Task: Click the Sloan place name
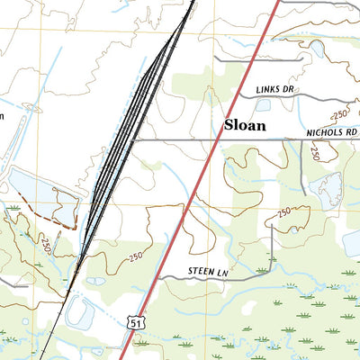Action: pyautogui.click(x=245, y=126)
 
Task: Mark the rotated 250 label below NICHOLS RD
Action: pyautogui.click(x=315, y=153)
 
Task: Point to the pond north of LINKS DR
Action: pyautogui.click(x=318, y=49)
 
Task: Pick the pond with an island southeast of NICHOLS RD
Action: pyautogui.click(x=326, y=190)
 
